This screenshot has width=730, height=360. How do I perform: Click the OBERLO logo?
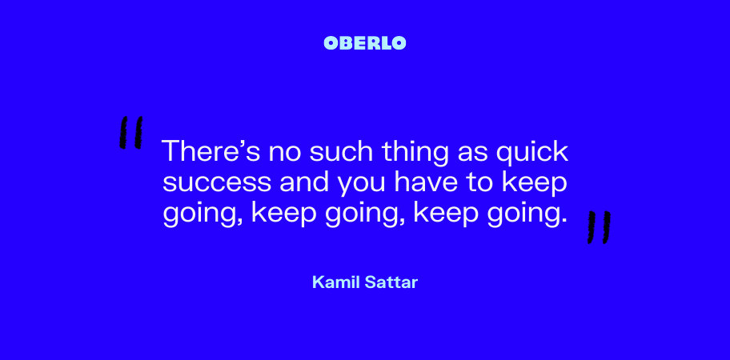coord(364,42)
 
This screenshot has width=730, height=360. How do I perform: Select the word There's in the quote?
coord(211,151)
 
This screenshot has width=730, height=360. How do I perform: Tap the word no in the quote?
coord(285,154)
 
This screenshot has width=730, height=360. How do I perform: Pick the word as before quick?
coord(472,154)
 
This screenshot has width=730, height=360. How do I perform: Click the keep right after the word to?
coord(535,185)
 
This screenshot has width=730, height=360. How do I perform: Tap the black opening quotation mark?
coord(130,133)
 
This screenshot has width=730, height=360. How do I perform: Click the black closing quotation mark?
coord(599,227)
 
